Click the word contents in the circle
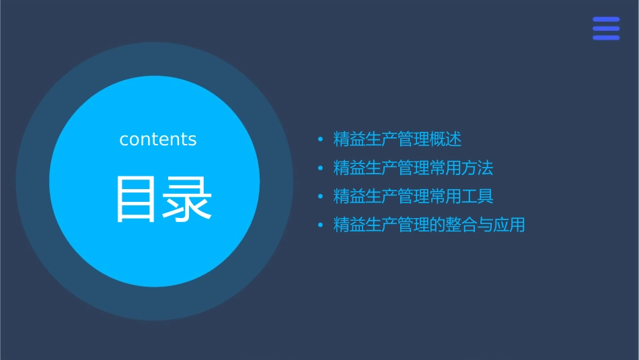click(158, 139)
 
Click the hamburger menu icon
click(606, 29)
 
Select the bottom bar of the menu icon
click(606, 38)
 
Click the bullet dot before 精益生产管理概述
click(320, 140)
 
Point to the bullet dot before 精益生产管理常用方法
click(320, 168)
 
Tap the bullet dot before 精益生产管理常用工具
click(320, 196)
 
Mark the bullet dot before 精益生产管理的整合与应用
click(320, 225)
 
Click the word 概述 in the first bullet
click(446, 140)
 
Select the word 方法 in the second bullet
click(478, 168)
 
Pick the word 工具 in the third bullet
click(478, 196)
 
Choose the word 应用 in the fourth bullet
click(509, 225)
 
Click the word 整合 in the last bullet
click(461, 225)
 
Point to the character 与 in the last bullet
click(486, 225)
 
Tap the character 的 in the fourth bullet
click(438, 225)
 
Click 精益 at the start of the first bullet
click(350, 140)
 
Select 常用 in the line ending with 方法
click(446, 168)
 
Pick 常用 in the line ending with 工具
click(446, 196)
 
